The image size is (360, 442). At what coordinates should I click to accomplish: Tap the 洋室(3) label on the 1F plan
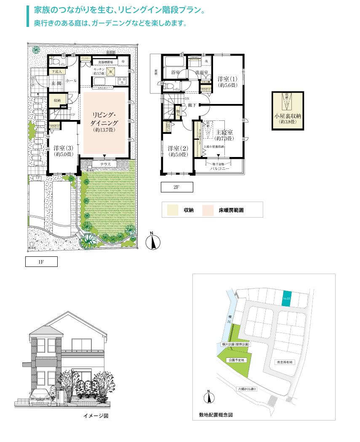point(63,151)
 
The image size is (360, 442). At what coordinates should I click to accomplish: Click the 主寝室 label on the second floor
point(224,135)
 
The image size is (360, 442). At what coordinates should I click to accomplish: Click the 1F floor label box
point(41,262)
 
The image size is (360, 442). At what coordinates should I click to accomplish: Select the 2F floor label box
point(177,187)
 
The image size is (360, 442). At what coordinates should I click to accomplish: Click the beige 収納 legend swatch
point(173,210)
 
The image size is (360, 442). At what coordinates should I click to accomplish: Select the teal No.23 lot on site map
point(286,298)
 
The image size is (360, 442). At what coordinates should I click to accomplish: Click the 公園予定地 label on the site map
point(236,360)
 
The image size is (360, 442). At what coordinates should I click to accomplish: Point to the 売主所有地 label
point(285,362)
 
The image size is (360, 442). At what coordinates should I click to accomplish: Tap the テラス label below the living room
point(105,164)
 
